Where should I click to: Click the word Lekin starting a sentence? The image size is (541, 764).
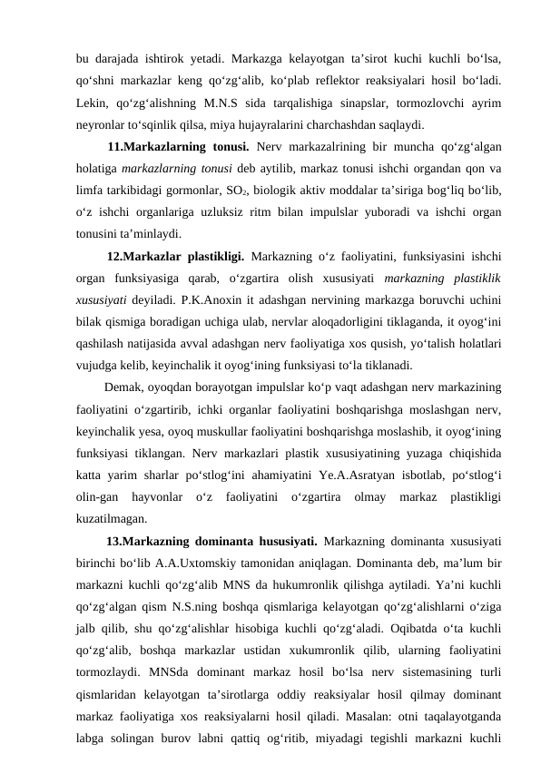(x=93, y=102)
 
